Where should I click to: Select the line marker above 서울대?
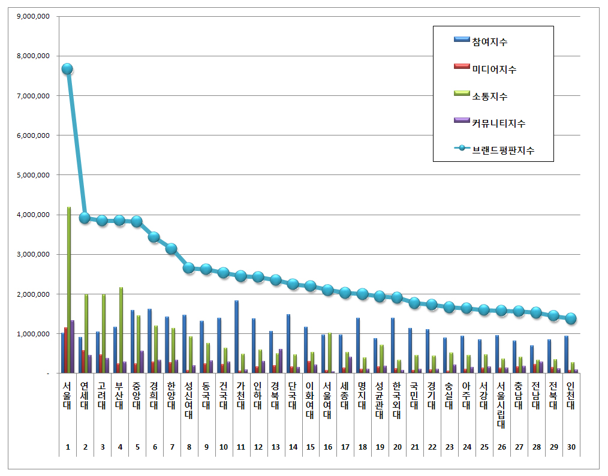67,69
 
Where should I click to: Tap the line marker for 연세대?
85,218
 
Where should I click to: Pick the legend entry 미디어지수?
494,69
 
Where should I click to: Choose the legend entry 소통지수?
490,96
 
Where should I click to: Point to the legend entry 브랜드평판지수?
503,151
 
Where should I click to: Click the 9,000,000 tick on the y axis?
34,16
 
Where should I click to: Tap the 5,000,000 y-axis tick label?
34,175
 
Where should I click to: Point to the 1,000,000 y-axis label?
34,334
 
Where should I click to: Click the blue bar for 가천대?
236,336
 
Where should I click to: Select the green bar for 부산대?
121,330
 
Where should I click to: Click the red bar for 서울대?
65,350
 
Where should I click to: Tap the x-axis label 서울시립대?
501,404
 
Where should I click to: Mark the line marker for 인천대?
571,318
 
